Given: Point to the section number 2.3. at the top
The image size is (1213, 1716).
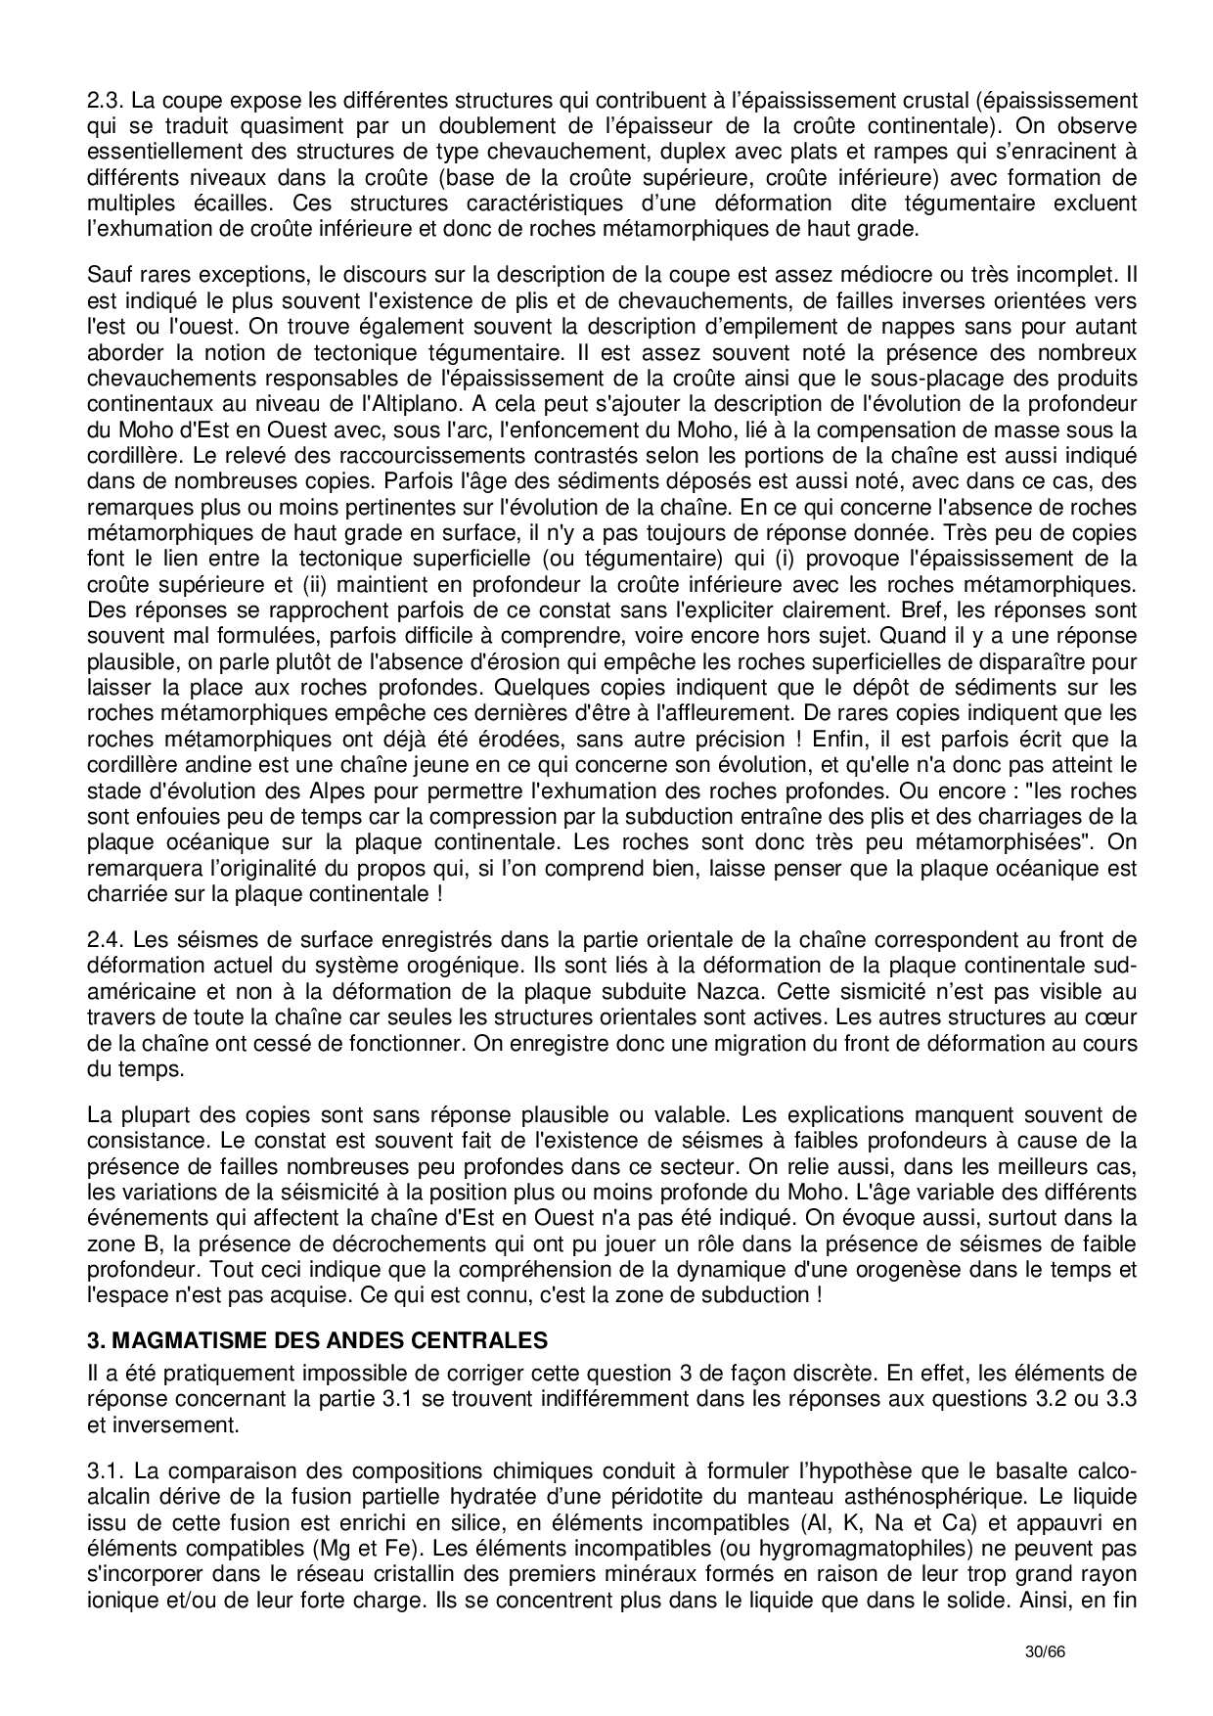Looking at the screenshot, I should [x=105, y=101].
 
